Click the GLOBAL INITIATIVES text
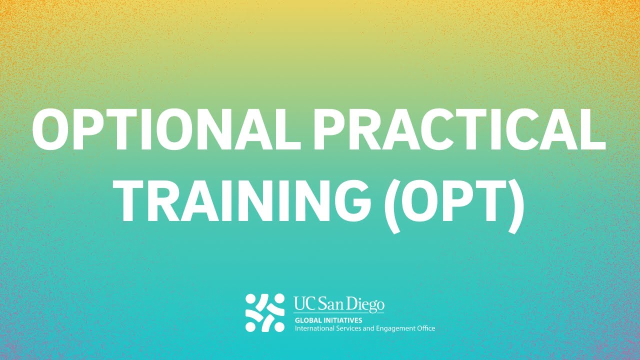pyautogui.click(x=328, y=320)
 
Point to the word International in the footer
pyautogui.click(x=312, y=328)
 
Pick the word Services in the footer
pyautogui.click(x=343, y=328)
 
